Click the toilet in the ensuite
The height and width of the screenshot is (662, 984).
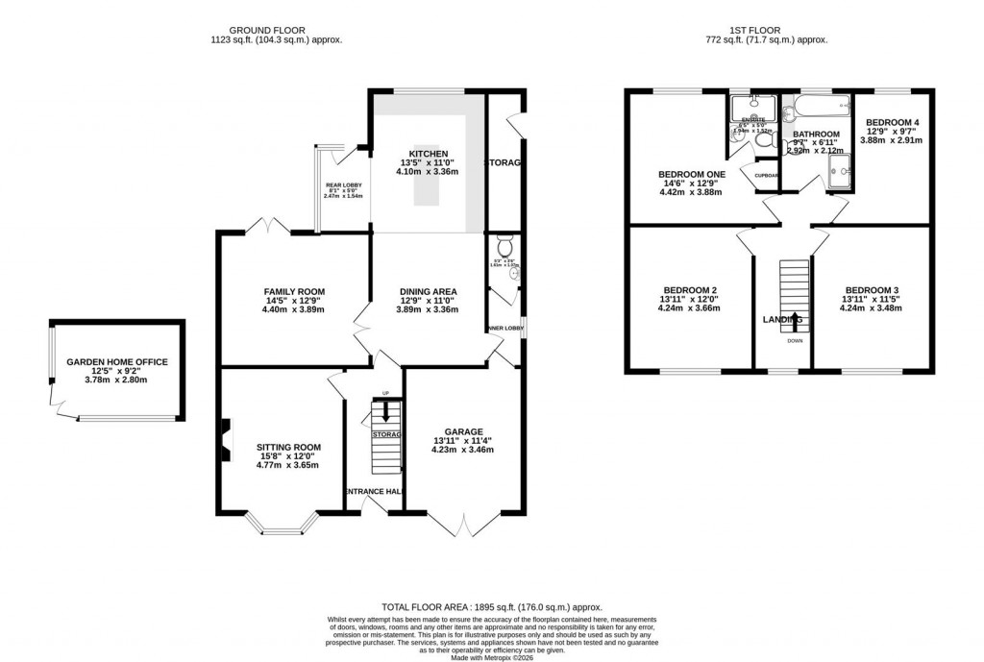tap(764, 143)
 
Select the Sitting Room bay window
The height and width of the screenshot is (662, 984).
tap(281, 524)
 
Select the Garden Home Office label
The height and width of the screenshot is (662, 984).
tap(116, 362)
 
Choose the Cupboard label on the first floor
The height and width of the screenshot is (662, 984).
tap(765, 176)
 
